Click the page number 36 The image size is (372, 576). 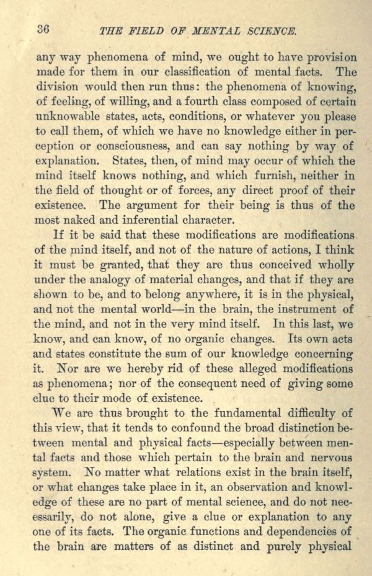click(43, 29)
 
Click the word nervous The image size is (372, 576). click(330, 459)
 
